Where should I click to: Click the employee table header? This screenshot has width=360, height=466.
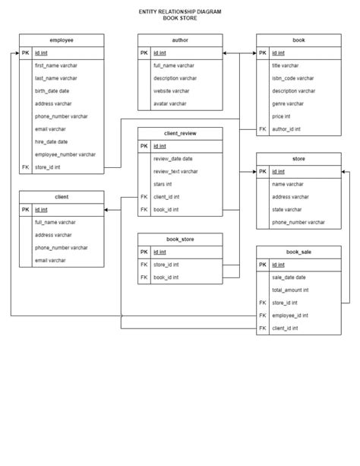tap(61, 40)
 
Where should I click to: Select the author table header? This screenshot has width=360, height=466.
tap(180, 40)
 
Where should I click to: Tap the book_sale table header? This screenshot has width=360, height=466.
tap(298, 252)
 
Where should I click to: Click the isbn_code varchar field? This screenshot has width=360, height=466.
tap(292, 78)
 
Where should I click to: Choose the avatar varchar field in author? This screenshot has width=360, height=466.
tap(169, 103)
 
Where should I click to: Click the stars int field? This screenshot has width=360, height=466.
tap(163, 184)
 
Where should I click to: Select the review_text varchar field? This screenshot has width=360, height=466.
tap(175, 172)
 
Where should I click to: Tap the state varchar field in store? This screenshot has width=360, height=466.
tap(289, 209)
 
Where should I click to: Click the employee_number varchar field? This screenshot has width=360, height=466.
tap(65, 154)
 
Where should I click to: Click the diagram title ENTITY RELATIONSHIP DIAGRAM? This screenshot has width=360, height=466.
tap(180, 13)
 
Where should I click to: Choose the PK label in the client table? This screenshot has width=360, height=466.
tap(26, 209)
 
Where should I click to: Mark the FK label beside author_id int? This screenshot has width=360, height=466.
tap(263, 129)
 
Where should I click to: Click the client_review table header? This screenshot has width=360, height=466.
tap(180, 134)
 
